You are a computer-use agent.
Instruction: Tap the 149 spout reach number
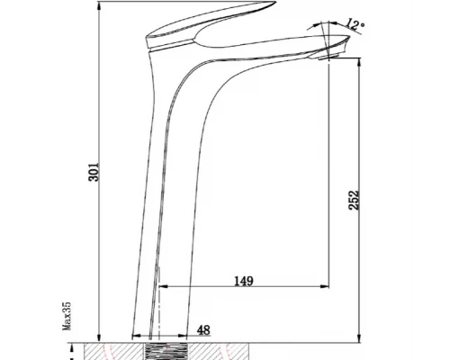pyautogui.click(x=243, y=281)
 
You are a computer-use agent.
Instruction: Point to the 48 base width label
pyautogui.click(x=204, y=330)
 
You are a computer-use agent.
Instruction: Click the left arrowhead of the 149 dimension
pyautogui.click(x=166, y=288)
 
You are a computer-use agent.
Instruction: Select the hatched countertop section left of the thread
pyautogui.click(x=112, y=349)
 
